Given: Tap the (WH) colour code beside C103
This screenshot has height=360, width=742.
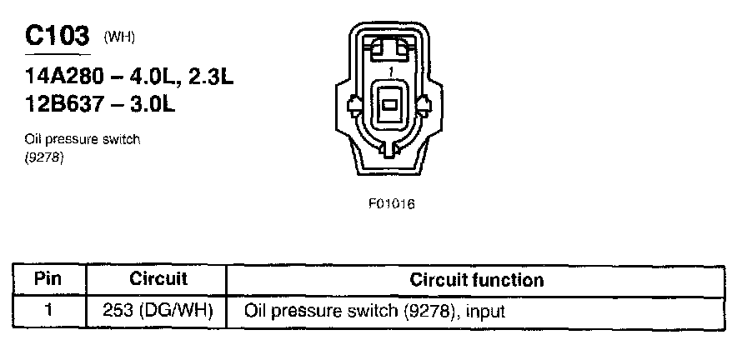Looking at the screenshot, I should [119, 38].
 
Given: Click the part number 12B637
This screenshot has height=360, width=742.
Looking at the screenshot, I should [63, 106].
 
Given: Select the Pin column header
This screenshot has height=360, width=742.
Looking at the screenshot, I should [48, 279].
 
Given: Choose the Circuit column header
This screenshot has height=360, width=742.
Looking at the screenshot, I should [158, 279].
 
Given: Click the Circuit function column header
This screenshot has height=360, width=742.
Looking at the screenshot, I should [476, 279].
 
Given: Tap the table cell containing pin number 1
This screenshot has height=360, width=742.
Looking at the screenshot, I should [48, 312].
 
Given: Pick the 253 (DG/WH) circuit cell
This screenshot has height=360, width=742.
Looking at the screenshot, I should [158, 312].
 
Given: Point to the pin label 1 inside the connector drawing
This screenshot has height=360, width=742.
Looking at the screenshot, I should [390, 72].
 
